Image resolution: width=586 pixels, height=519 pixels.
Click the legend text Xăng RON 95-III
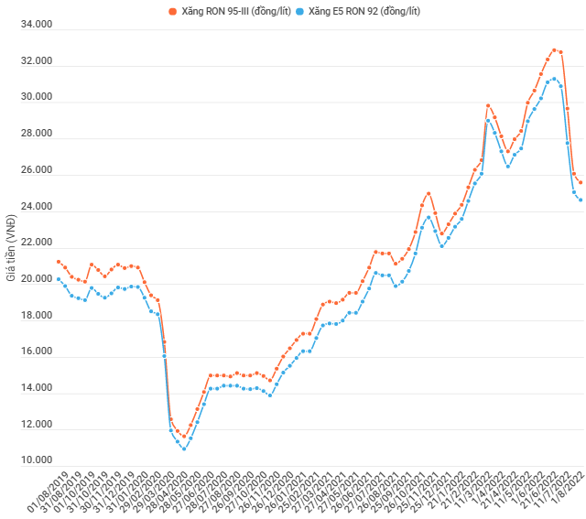228,11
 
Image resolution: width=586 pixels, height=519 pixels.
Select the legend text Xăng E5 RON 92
366,11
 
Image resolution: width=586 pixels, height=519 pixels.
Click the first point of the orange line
59,262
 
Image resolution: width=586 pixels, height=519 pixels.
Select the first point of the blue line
59,279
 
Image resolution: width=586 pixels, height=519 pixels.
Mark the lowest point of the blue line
184,449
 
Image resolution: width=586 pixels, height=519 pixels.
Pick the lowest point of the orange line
184,437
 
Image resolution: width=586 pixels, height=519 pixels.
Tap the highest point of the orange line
554,50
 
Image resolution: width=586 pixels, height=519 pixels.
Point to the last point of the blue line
581,200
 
